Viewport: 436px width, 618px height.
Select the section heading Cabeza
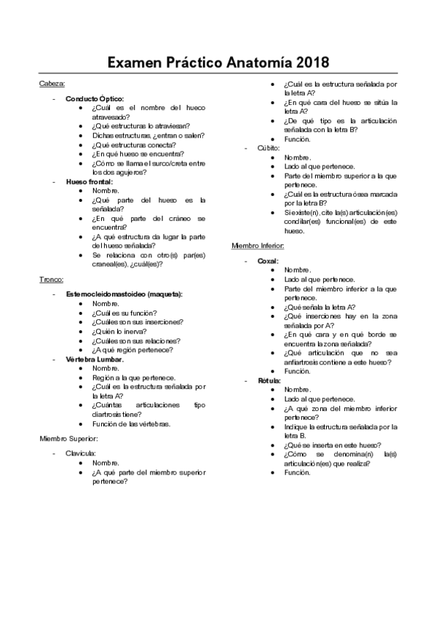coord(52,84)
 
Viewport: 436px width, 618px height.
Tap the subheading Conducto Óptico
coord(95,98)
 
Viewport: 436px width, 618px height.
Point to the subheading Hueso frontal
coord(89,181)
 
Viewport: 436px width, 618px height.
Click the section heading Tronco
coord(52,279)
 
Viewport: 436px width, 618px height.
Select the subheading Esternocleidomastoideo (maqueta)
coord(124,294)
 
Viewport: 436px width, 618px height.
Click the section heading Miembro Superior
coord(68,439)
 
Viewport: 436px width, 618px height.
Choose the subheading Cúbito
coord(268,148)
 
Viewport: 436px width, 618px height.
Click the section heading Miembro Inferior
coord(257,246)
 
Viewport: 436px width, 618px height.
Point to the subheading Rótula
coord(269,380)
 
